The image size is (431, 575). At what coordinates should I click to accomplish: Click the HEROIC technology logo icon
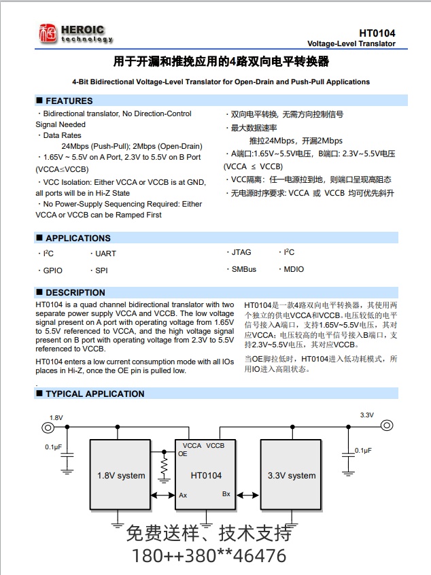click(48, 34)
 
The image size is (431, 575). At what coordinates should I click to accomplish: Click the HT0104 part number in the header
click(377, 33)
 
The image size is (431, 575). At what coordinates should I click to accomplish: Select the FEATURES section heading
click(69, 101)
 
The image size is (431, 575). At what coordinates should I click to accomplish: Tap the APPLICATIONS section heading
click(77, 238)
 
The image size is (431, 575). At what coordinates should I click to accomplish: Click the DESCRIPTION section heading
click(75, 293)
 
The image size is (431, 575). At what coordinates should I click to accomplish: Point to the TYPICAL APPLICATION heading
click(94, 394)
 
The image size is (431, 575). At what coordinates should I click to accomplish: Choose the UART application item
click(105, 254)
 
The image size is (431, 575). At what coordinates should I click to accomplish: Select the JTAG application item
click(241, 252)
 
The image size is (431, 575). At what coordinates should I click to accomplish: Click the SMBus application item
click(244, 269)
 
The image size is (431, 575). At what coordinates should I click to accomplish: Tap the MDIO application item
click(294, 269)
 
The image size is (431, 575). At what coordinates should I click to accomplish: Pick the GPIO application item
click(53, 271)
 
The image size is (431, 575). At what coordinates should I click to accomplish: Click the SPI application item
click(101, 271)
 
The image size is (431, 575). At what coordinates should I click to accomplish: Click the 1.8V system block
click(121, 475)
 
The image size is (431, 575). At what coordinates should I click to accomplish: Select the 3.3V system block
click(292, 475)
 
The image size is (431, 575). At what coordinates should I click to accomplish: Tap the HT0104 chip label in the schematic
click(206, 475)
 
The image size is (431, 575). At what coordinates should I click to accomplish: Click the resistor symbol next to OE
click(163, 467)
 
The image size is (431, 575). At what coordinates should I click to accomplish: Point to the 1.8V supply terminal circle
click(48, 427)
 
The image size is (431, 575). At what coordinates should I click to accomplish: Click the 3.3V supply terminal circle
click(386, 425)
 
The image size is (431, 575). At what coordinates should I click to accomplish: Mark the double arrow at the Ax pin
click(163, 495)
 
